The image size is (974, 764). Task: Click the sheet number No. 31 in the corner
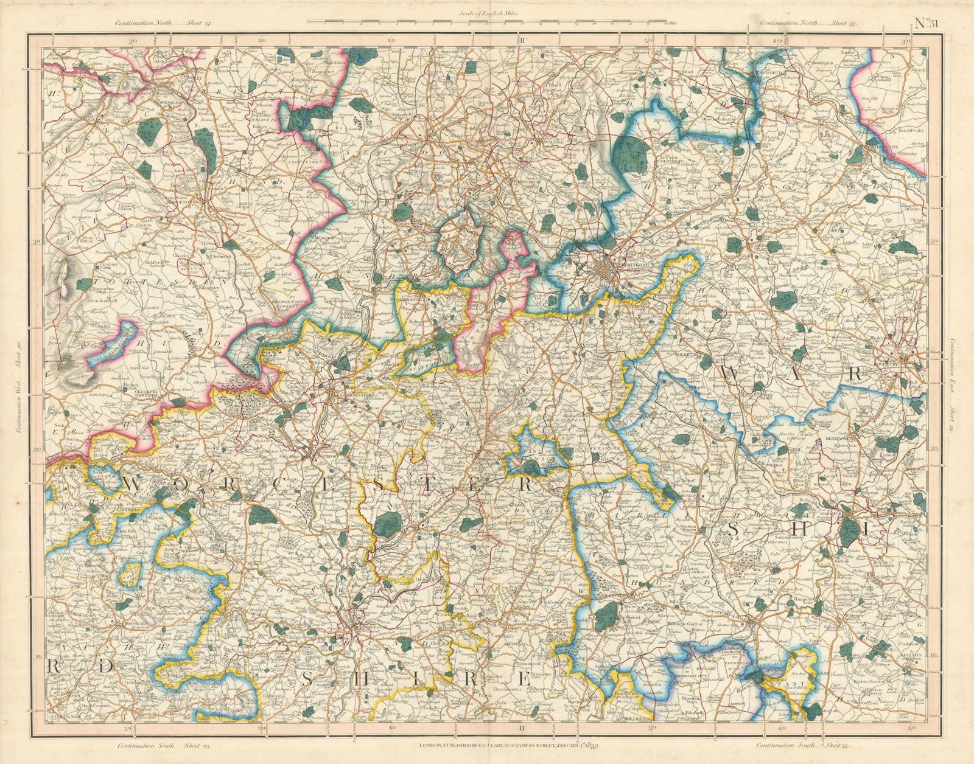coord(927,24)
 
